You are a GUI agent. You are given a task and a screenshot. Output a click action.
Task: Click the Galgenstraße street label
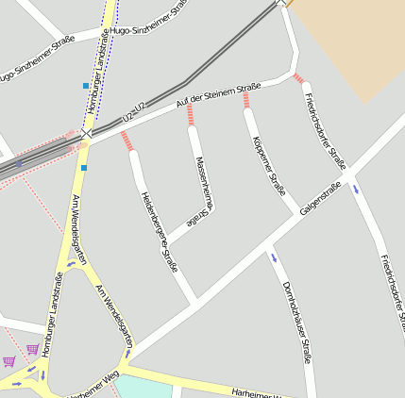click(x=320, y=199)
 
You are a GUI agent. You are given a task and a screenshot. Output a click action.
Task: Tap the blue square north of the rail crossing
click(x=86, y=86)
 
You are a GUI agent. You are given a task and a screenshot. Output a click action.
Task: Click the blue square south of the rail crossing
click(x=83, y=168)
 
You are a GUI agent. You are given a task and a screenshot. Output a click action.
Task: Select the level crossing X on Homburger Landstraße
click(x=87, y=135)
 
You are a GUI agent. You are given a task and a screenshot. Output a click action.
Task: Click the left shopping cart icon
click(x=9, y=360)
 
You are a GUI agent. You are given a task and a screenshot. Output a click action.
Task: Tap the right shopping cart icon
click(x=33, y=349)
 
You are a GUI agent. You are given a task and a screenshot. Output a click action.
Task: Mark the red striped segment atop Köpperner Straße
click(x=247, y=98)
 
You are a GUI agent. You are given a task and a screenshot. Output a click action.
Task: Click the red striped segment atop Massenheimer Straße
click(x=190, y=115)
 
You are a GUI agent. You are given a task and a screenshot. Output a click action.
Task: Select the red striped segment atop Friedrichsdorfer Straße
click(x=299, y=78)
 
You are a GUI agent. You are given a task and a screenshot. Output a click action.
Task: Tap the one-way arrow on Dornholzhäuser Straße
click(x=275, y=257)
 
